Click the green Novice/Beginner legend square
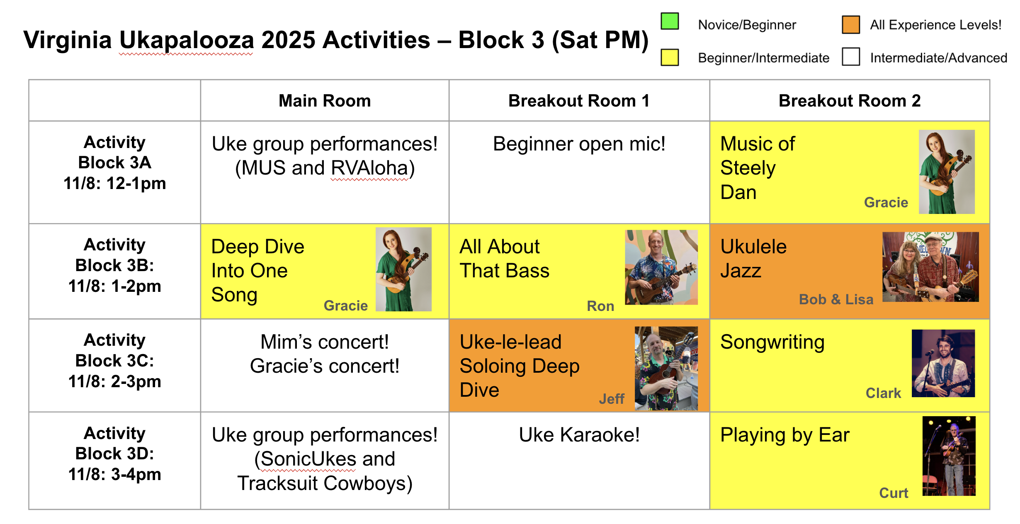click(670, 21)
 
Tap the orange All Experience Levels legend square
click(851, 24)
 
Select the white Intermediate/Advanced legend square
click(851, 56)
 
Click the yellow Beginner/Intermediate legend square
click(670, 57)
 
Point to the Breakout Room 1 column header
click(579, 101)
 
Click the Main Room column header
click(325, 101)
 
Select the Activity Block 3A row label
click(114, 163)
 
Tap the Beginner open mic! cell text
click(579, 144)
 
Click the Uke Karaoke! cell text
click(579, 435)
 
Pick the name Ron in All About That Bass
click(600, 306)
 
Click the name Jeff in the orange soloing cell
click(612, 399)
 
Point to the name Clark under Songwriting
click(883, 393)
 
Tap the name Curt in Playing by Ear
click(894, 493)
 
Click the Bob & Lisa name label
click(836, 299)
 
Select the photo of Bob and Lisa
click(930, 267)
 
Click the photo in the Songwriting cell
click(943, 363)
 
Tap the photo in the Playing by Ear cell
click(949, 456)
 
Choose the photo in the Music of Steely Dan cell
click(947, 172)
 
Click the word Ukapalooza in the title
click(187, 40)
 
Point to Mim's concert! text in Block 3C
click(325, 342)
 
